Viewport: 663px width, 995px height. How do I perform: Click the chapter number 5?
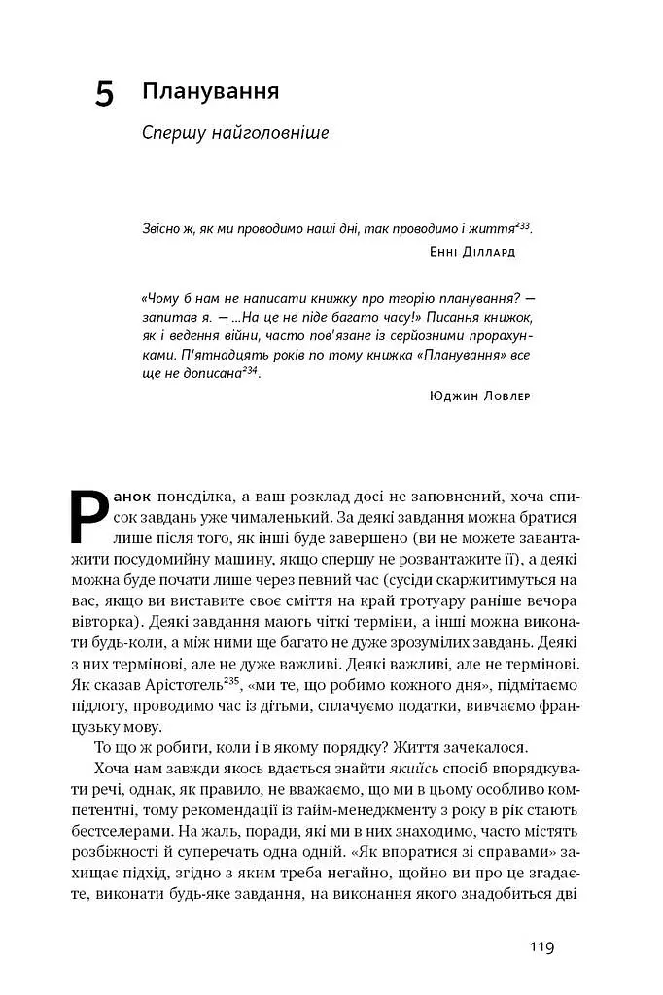(104, 94)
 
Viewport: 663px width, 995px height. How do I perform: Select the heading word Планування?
(211, 91)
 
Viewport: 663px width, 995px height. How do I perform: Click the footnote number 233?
(523, 223)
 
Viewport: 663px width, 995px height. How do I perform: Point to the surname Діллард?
(483, 252)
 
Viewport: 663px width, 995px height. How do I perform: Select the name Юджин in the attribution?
(451, 395)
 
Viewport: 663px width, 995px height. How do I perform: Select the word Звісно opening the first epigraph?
(162, 228)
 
